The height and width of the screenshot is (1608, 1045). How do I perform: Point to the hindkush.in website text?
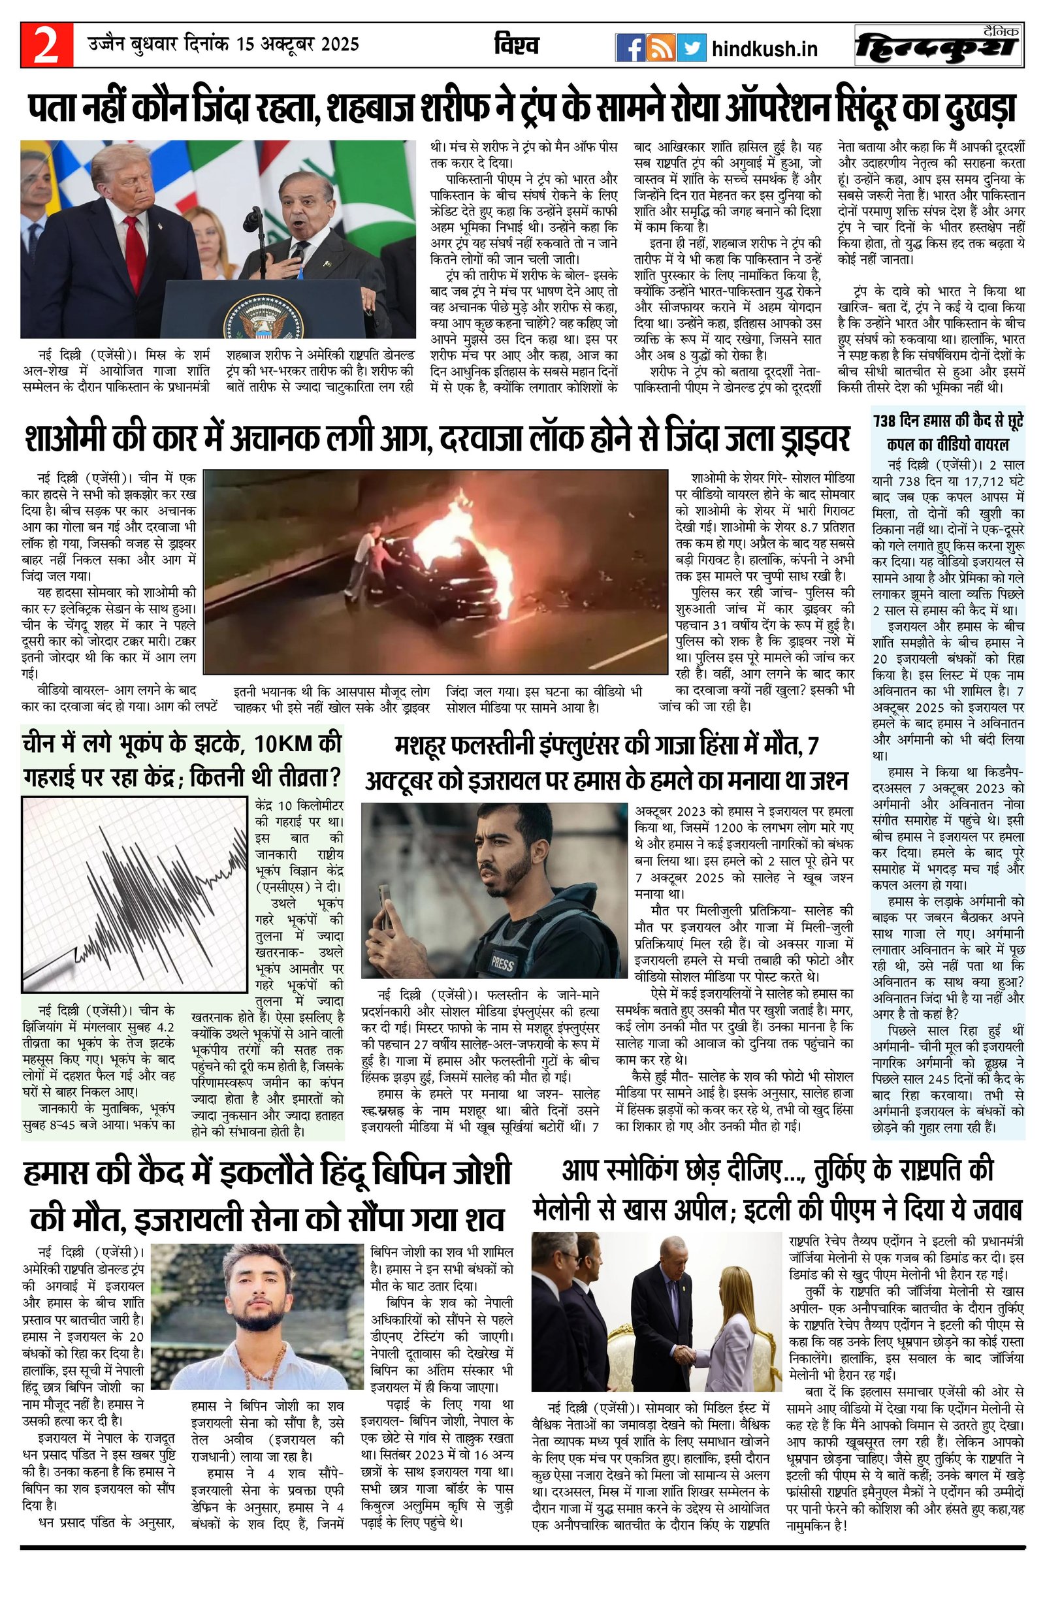click(x=765, y=48)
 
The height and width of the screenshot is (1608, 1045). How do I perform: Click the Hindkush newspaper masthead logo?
click(x=938, y=46)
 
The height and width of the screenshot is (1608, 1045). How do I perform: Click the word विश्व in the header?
click(x=516, y=46)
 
